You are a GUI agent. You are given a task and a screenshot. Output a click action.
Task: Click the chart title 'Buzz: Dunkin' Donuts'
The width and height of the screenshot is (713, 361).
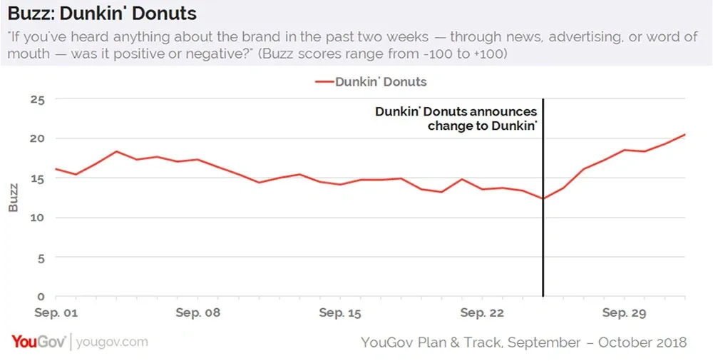[x=102, y=14]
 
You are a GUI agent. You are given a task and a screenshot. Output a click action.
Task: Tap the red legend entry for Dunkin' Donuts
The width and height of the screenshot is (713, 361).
[x=371, y=81]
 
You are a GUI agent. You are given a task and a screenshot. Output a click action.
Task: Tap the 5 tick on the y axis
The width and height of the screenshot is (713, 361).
[x=41, y=257]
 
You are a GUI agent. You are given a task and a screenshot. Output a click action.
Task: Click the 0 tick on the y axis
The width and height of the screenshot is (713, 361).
[x=41, y=296]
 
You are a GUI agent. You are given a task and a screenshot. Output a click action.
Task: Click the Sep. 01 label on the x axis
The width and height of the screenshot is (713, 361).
[x=56, y=312]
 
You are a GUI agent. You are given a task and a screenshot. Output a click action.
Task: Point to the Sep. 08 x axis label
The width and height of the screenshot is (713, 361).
[x=198, y=312]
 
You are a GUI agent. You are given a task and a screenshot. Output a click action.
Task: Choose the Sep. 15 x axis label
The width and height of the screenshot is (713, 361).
[x=340, y=312]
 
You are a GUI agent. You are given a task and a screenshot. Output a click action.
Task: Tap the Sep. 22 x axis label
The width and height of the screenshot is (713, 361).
[x=482, y=312]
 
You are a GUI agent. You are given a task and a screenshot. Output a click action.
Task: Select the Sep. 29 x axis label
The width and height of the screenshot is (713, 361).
[x=624, y=312]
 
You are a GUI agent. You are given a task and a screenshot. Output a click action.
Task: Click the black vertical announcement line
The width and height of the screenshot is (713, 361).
[x=543, y=235]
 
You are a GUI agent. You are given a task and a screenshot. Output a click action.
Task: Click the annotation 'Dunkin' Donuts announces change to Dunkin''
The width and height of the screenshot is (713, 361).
[x=456, y=118]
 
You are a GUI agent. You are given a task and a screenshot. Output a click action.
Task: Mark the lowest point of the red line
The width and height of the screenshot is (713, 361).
[x=543, y=198]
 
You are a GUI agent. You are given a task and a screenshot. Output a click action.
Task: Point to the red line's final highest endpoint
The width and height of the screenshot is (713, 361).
[x=685, y=134]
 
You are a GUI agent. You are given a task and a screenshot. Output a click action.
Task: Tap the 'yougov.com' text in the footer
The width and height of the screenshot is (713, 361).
[x=112, y=342]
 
